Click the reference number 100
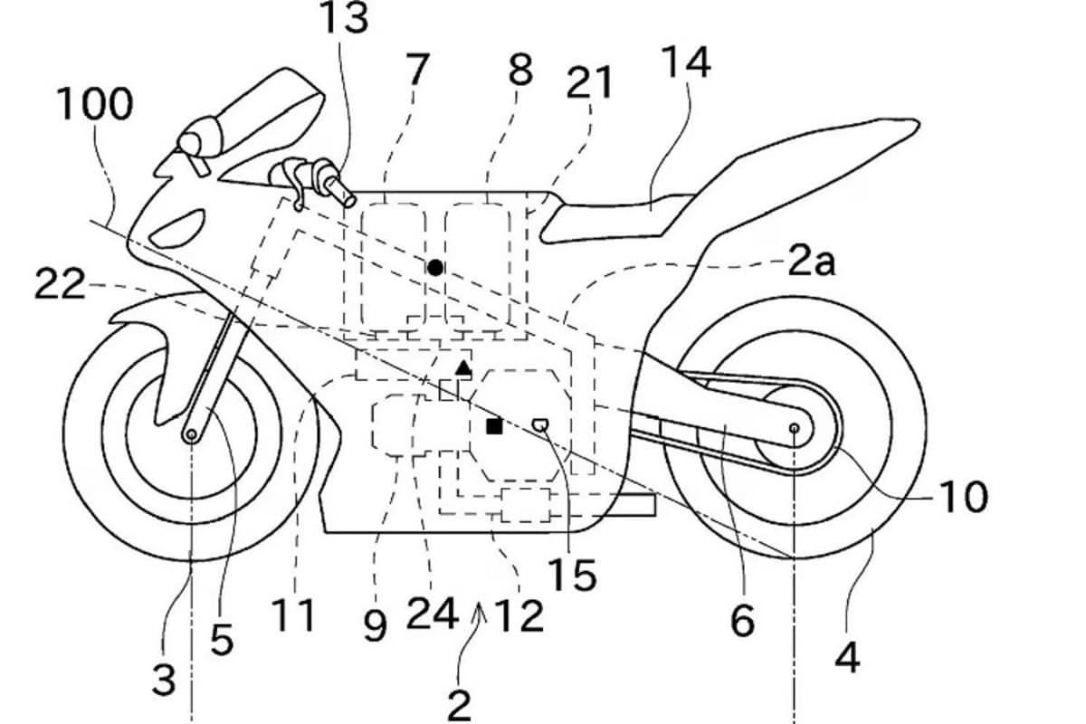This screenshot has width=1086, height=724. [95, 107]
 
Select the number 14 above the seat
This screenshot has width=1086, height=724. [685, 64]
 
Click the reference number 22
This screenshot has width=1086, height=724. [61, 286]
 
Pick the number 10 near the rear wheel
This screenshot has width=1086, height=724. [961, 496]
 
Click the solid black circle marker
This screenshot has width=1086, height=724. [436, 267]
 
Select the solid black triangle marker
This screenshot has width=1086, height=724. [463, 367]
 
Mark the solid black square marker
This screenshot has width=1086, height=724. [494, 425]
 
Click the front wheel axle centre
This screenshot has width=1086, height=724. [192, 435]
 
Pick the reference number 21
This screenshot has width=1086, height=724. [589, 83]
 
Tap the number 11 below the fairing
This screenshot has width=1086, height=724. [295, 614]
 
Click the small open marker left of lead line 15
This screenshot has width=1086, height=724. [540, 423]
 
